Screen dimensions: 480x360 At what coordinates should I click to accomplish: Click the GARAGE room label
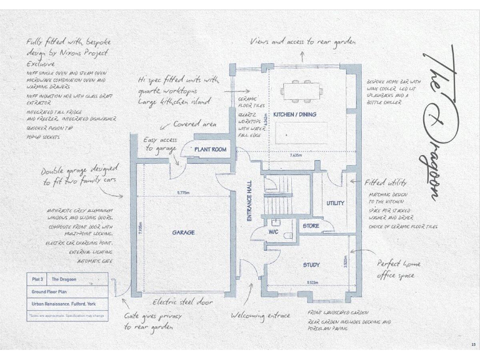tap(183, 232)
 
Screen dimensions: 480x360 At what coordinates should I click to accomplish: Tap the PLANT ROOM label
tap(210, 150)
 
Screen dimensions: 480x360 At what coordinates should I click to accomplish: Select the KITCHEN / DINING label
tap(294, 115)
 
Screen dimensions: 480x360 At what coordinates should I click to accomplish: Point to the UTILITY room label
tap(335, 204)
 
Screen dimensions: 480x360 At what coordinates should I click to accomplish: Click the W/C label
tap(274, 232)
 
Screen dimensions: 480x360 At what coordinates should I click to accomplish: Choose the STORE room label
tap(311, 226)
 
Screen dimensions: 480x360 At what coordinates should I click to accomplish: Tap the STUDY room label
tap(311, 265)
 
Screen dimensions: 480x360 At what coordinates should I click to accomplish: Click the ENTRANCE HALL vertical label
tap(249, 200)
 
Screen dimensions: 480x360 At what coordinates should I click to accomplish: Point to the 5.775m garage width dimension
tap(184, 192)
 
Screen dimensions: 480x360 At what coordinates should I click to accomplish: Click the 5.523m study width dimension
tap(311, 282)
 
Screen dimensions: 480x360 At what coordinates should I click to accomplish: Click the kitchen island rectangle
tap(302, 131)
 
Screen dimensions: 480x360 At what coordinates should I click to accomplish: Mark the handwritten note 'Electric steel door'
tap(182, 302)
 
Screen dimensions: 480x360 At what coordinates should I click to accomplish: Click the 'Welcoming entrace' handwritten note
tap(260, 316)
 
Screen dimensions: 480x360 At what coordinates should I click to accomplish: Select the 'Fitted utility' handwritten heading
tap(386, 183)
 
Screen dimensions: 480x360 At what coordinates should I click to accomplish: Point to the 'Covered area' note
tap(195, 124)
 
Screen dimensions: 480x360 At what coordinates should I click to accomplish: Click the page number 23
tap(473, 344)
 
